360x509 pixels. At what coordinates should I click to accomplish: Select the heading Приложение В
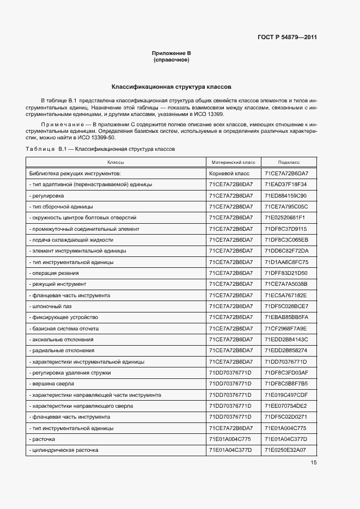171,53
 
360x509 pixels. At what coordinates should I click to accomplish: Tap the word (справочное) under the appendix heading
171,59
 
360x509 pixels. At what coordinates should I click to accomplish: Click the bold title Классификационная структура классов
172,87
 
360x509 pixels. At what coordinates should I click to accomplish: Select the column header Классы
115,162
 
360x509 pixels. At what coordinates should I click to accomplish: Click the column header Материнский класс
233,162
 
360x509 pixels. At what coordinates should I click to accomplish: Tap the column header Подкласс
289,162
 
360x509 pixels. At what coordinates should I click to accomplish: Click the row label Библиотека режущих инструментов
75,173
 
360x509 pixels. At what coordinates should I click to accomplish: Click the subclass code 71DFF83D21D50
286,273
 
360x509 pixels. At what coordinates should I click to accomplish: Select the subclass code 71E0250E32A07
286,450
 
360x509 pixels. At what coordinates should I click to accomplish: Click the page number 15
314,463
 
